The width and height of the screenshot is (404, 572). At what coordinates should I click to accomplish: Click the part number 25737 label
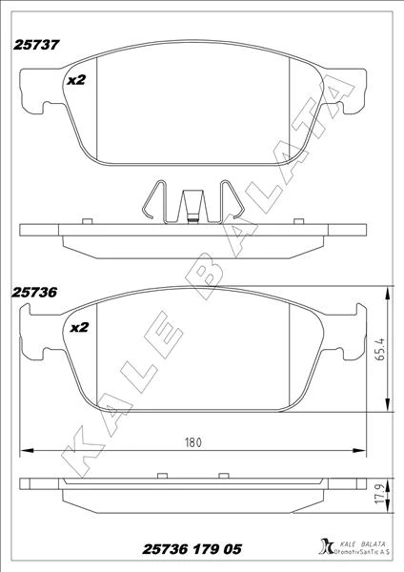37,44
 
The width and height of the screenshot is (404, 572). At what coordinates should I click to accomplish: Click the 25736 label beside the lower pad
37,295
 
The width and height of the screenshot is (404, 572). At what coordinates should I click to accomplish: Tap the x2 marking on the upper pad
77,81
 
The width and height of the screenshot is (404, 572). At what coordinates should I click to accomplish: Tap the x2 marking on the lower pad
77,327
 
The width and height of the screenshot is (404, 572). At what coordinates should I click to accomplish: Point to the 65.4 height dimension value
380,351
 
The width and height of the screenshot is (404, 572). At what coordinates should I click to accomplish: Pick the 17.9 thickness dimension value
378,496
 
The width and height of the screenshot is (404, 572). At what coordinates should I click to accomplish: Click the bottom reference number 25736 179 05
192,551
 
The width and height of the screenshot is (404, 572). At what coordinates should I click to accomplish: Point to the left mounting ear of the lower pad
30,340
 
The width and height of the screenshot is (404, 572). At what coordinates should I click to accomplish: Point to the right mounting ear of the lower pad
352,340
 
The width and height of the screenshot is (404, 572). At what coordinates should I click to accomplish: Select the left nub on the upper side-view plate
86,221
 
